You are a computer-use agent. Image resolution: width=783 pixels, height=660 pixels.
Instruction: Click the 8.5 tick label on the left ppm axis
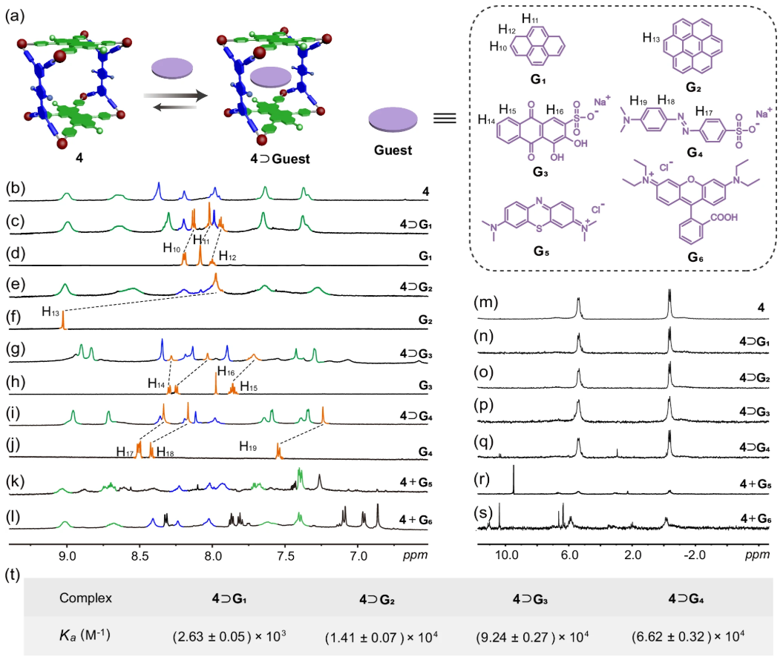click(x=140, y=555)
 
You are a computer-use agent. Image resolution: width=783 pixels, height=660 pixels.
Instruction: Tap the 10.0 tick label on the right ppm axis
click(x=506, y=555)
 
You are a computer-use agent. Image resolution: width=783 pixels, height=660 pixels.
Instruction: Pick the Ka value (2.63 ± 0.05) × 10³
click(x=229, y=636)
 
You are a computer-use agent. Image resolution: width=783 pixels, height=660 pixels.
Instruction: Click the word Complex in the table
click(x=85, y=598)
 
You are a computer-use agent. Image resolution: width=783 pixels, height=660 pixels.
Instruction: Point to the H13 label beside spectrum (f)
click(x=50, y=312)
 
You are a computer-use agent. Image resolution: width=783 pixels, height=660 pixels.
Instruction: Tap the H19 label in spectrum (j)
click(x=248, y=446)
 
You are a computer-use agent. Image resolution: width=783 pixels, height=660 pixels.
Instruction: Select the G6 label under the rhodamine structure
click(x=695, y=257)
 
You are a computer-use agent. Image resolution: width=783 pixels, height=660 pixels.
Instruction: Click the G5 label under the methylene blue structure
click(x=541, y=251)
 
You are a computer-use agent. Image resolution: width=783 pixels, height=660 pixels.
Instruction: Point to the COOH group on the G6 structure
click(x=724, y=217)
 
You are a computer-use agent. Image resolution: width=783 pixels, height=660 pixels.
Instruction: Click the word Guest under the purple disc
click(x=393, y=150)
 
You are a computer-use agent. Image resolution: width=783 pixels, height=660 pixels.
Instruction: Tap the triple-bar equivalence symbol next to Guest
click(x=445, y=118)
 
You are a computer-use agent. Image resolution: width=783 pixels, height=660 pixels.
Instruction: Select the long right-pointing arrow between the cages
click(x=175, y=95)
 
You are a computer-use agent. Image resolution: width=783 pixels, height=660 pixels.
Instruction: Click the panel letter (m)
click(x=486, y=303)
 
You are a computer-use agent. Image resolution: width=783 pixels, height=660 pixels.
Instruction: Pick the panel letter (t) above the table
click(x=12, y=575)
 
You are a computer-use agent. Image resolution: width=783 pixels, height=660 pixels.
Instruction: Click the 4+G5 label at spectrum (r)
click(x=756, y=484)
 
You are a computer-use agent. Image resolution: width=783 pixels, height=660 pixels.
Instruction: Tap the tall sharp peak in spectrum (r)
click(x=514, y=479)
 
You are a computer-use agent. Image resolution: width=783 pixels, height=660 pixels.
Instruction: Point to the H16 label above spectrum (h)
click(x=226, y=372)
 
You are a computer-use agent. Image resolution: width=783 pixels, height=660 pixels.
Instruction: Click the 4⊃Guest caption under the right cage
click(x=280, y=159)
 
